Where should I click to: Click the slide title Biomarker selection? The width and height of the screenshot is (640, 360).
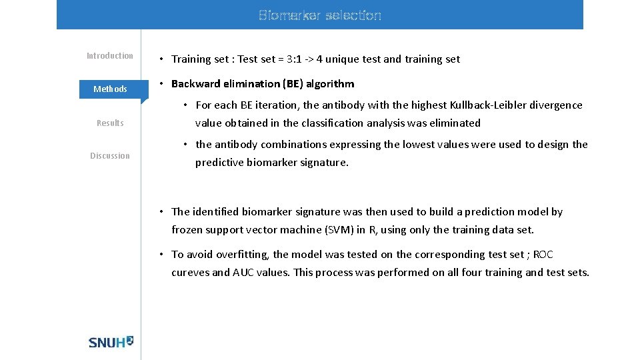(x=320, y=15)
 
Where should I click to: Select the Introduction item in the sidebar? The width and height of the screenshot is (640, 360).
(x=110, y=56)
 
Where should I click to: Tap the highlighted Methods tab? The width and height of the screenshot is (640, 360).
(x=110, y=89)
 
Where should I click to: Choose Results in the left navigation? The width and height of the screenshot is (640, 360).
(x=110, y=123)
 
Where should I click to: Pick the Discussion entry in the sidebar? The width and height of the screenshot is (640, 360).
(x=110, y=156)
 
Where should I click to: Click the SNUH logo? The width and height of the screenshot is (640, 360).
(x=111, y=341)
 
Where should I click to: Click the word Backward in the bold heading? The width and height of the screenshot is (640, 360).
(x=194, y=84)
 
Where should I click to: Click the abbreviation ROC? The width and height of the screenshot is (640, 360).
(x=543, y=255)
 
